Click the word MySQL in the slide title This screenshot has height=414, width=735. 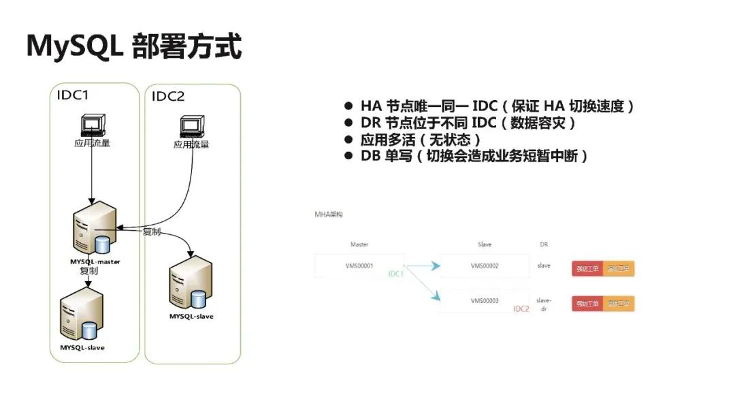click(x=71, y=46)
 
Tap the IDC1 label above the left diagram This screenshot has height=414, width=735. click(x=72, y=95)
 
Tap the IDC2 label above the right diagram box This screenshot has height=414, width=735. click(x=167, y=96)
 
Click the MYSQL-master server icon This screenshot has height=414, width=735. click(x=93, y=234)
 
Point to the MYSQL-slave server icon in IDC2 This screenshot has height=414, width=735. click(x=191, y=286)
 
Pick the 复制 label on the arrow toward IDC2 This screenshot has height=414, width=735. click(x=151, y=232)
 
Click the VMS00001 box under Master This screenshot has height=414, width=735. click(x=359, y=266)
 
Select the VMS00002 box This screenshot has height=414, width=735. click(x=485, y=266)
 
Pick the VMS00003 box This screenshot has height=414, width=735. click(x=485, y=300)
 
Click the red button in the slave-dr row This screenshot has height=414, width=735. click(x=587, y=303)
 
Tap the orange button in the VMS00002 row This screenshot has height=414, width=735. click(x=619, y=268)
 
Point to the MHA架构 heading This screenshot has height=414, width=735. click(x=328, y=214)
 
